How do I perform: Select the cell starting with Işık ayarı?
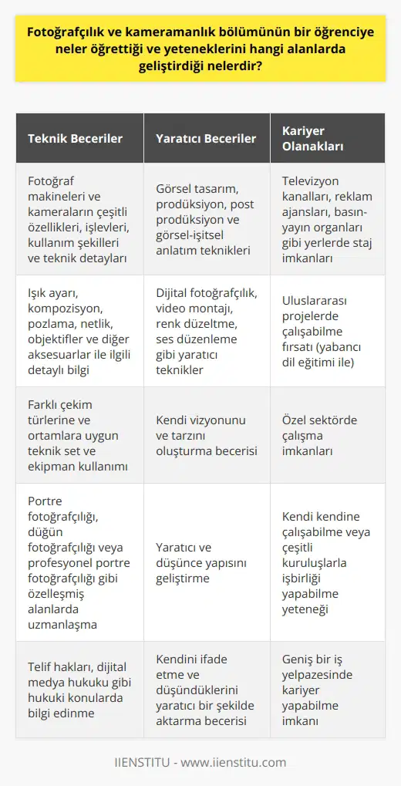[x=79, y=330]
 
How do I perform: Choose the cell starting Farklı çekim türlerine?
[x=79, y=434]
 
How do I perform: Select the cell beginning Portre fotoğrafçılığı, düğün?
[x=79, y=562]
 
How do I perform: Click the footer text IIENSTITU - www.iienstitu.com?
[x=200, y=762]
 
